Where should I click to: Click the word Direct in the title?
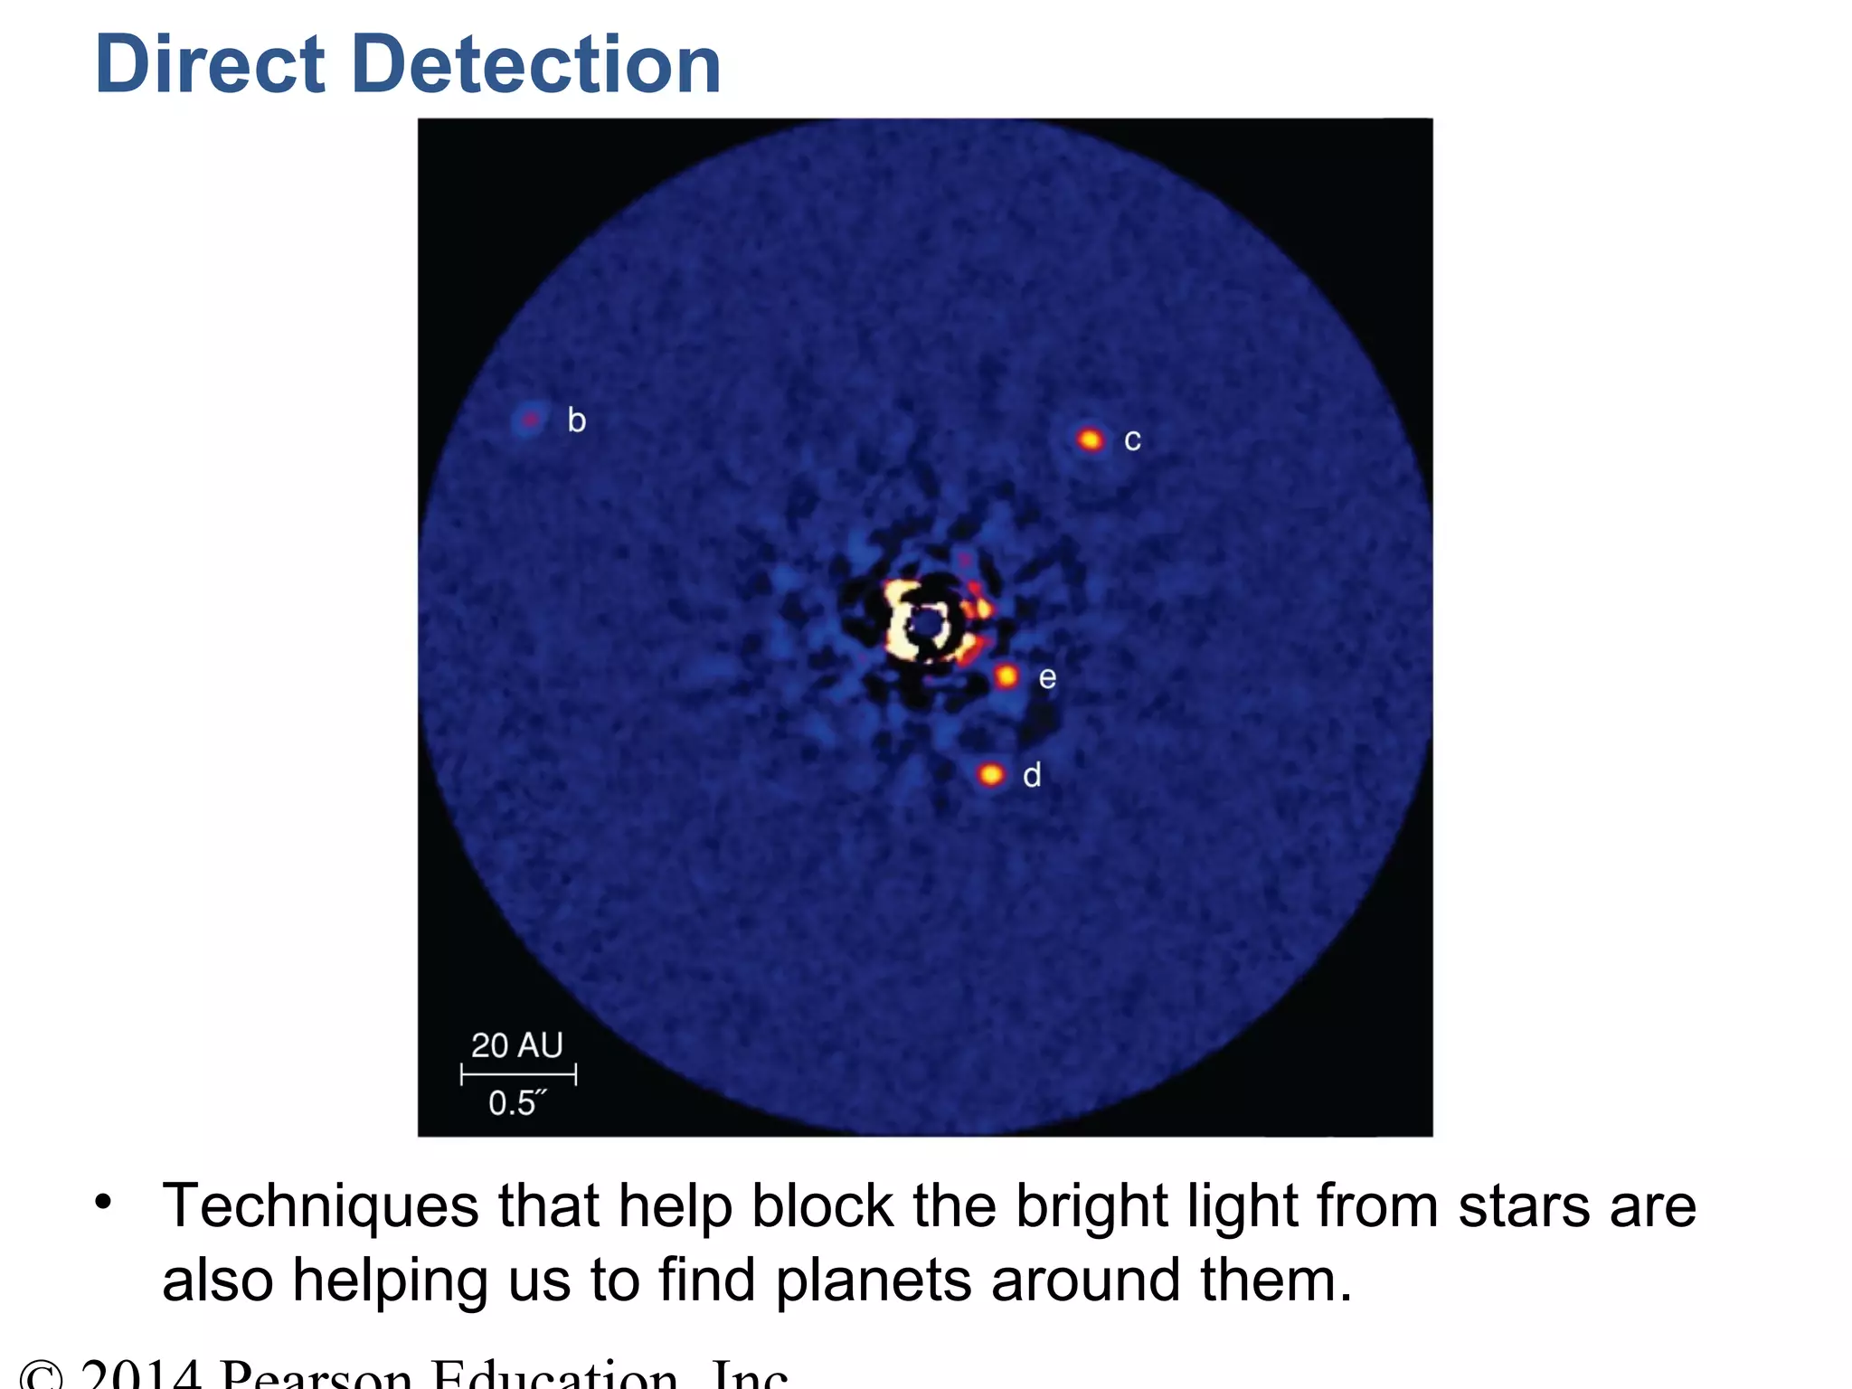coord(210,64)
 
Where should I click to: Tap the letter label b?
coord(576,420)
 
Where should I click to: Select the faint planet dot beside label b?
coord(530,420)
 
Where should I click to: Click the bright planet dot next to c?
coord(1091,440)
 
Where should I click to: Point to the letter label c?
coord(1132,441)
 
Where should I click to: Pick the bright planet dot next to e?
coord(1006,676)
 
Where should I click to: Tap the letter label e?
coord(1047,678)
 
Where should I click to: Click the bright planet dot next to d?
coord(991,775)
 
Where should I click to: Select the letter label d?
coord(1032,775)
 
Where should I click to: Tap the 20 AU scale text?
coord(517,1045)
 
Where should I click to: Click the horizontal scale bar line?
coord(518,1075)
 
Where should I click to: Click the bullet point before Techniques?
coord(104,1204)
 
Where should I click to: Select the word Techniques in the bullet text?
coord(320,1206)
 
